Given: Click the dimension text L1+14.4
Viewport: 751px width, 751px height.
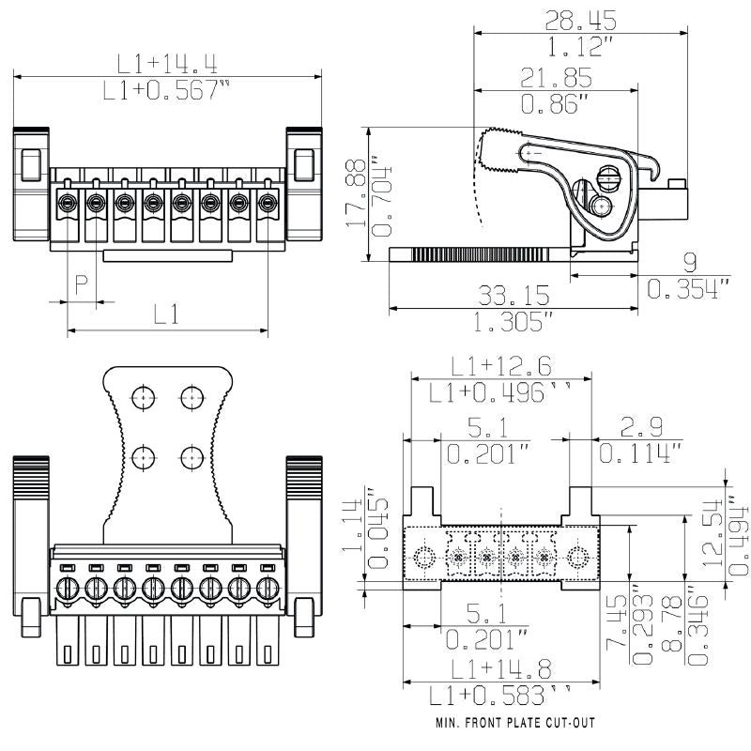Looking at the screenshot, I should pos(166,64).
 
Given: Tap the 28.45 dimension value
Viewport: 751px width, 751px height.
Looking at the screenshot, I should pos(580,19).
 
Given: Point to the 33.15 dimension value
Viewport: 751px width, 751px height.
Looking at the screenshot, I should pos(514,296).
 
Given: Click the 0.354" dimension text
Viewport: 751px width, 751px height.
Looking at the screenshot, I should pos(688,290).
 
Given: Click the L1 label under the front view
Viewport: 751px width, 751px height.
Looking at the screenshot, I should pos(166,315).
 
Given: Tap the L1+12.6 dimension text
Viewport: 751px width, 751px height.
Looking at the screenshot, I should pos(500,366).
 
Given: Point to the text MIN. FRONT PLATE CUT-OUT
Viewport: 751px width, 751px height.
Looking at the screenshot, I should pos(514,724).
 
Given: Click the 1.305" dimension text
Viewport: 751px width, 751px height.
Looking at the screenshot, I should pos(513,324).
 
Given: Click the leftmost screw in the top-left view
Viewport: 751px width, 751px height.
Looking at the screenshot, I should pos(68,202).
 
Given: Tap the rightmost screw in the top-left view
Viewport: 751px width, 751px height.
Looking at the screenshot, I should pos(268,202).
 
